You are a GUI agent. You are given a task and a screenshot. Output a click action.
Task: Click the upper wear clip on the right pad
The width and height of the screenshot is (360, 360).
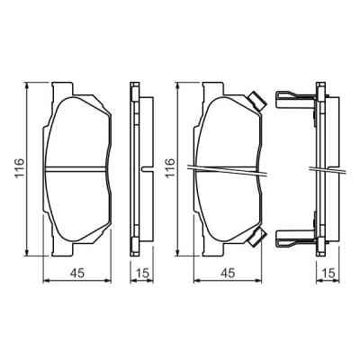tap(256, 102)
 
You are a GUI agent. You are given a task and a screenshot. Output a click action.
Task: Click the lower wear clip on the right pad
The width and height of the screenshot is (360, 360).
tap(256, 237)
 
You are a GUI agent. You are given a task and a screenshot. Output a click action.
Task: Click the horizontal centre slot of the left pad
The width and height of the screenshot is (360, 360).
tap(79, 167)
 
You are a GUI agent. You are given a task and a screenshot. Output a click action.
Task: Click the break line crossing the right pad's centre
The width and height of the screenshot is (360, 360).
tap(229, 168)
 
